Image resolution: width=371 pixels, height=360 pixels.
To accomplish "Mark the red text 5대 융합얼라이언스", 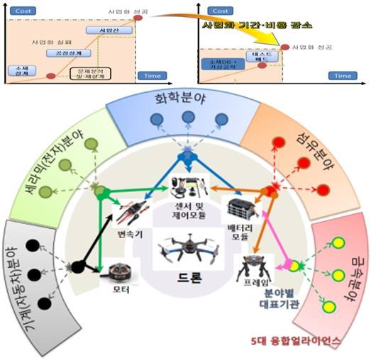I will pyautogui.click(x=305, y=341).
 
